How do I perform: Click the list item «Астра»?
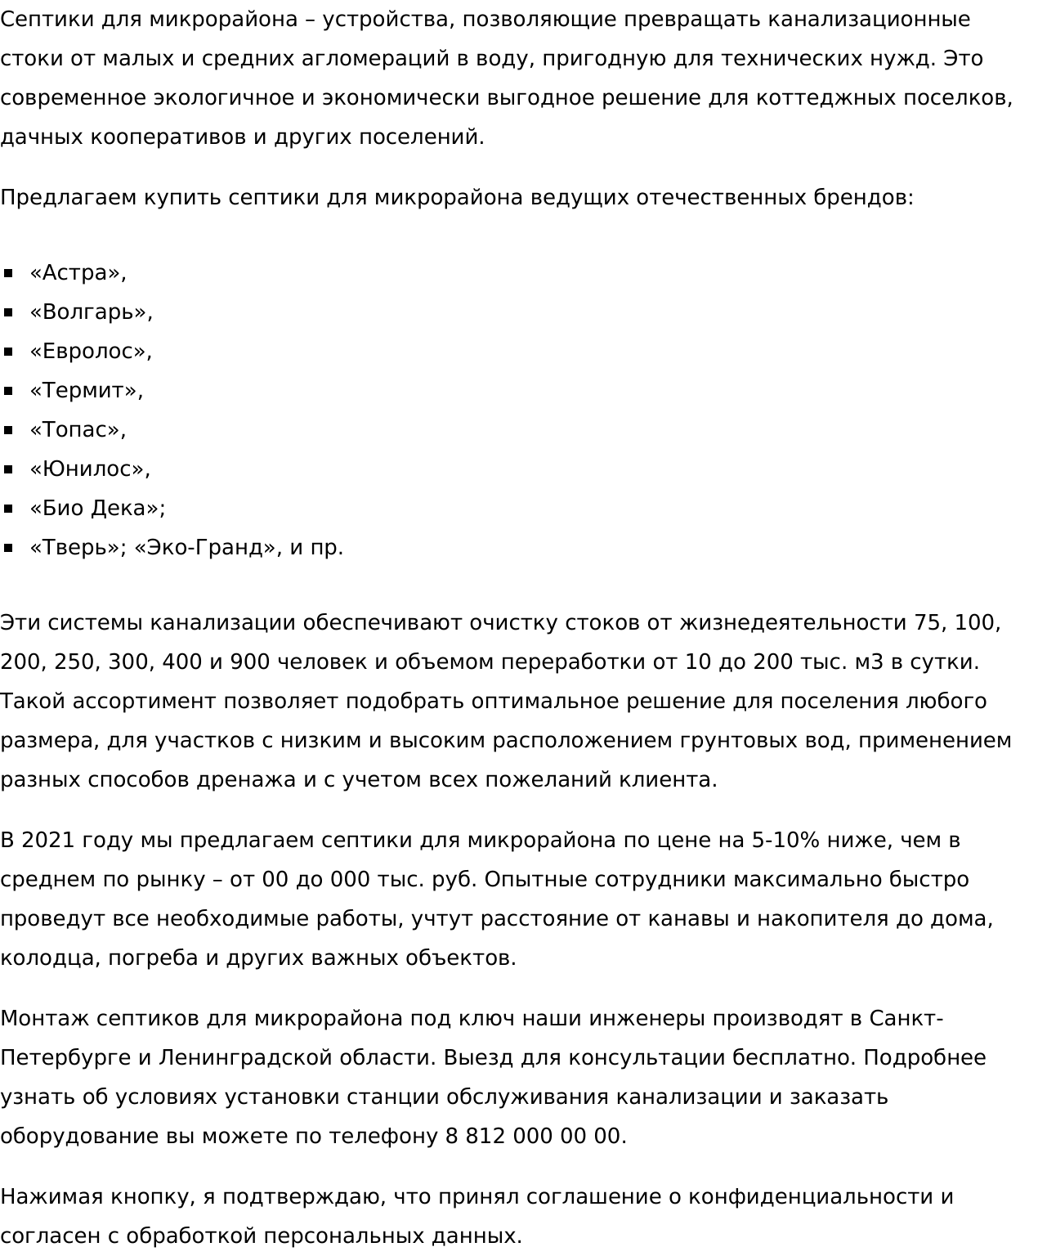77,273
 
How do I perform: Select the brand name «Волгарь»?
90,312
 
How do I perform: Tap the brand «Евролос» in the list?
90,352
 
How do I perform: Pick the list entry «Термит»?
85,391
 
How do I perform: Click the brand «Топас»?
77,430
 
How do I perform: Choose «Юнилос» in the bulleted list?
89,469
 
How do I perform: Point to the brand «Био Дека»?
96,509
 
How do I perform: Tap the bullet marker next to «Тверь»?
8,548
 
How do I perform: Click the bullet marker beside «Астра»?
8,273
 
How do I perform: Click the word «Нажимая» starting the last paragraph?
51,1197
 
